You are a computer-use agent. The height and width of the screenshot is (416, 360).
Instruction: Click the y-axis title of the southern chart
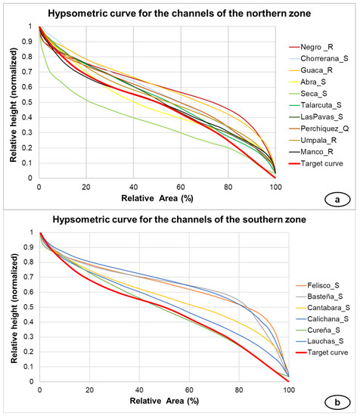pos(9,307)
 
